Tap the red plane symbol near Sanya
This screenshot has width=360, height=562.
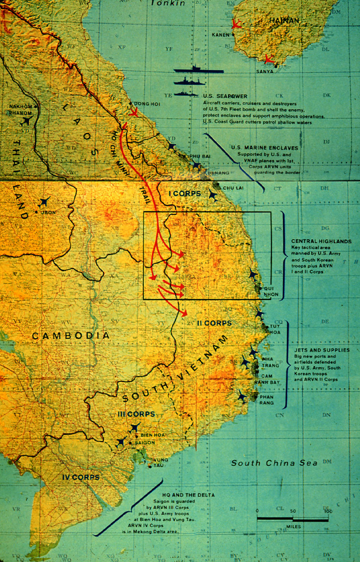268,59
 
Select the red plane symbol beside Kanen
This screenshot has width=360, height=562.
236,25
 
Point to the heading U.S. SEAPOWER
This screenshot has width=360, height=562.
225,96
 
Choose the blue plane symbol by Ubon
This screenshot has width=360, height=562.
44,202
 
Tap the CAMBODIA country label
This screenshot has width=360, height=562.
71,336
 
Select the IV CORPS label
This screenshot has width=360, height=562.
81,477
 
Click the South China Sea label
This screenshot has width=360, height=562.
274,463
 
